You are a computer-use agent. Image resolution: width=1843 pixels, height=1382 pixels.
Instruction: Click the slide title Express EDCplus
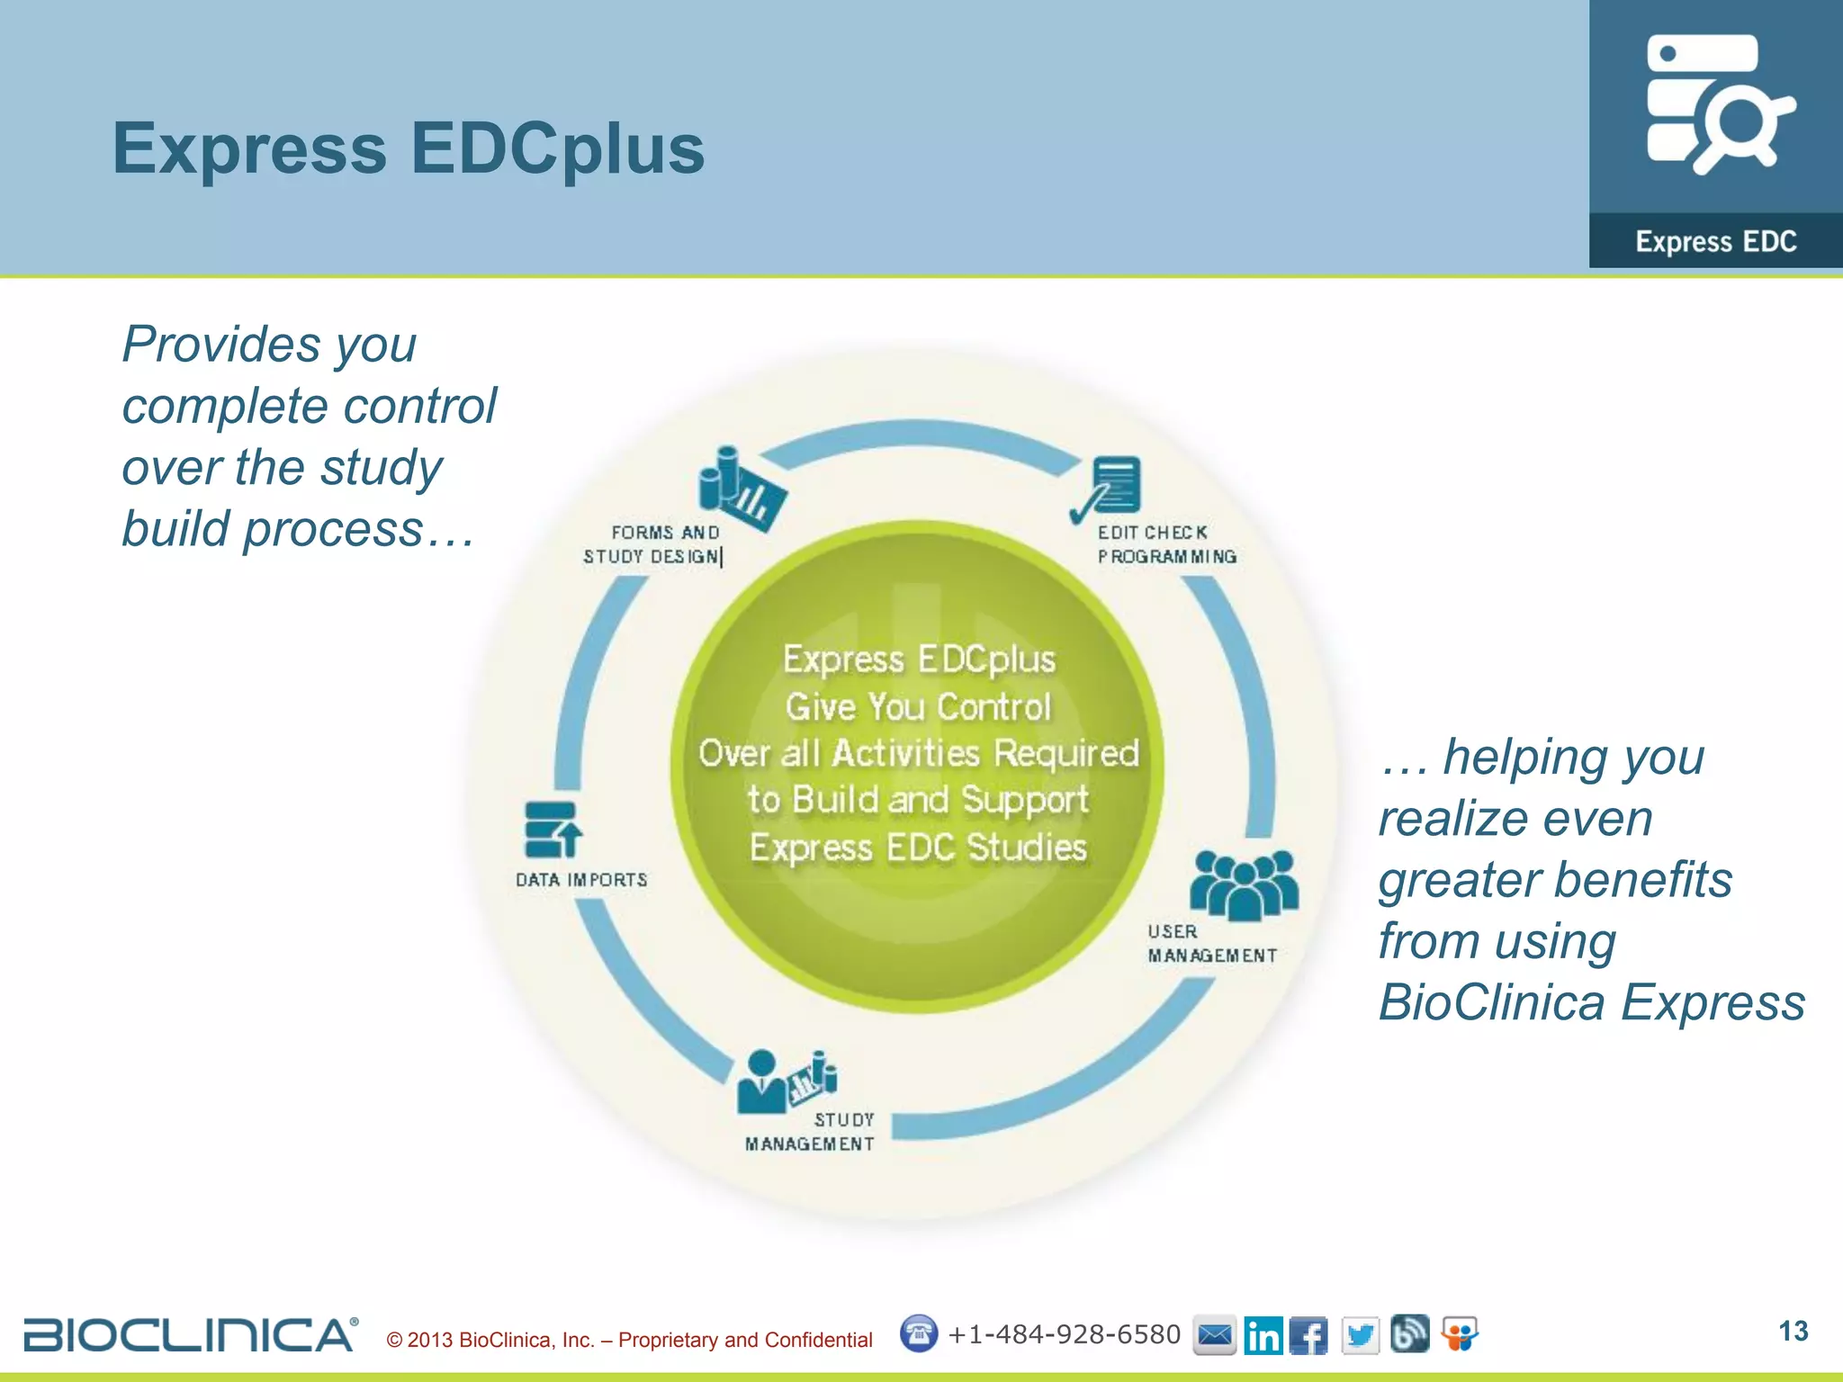(x=409, y=148)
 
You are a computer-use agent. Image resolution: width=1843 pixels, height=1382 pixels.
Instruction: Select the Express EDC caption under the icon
(x=1715, y=241)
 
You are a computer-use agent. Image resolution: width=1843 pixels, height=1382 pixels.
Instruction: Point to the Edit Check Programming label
(x=1166, y=544)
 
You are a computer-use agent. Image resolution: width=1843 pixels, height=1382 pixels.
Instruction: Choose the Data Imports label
(x=581, y=880)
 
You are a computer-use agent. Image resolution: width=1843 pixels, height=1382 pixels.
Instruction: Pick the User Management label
(x=1211, y=944)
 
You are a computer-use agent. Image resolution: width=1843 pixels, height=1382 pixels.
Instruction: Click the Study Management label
(x=810, y=1132)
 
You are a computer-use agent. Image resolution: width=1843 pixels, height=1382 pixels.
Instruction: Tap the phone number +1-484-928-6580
(x=1064, y=1334)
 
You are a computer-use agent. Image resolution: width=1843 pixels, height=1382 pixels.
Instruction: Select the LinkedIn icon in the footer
(x=1263, y=1335)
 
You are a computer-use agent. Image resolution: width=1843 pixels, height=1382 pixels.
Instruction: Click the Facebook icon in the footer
(x=1308, y=1335)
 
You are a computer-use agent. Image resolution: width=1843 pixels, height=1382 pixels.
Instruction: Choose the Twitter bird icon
(x=1360, y=1335)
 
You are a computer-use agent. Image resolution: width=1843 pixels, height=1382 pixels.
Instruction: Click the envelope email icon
(x=1214, y=1335)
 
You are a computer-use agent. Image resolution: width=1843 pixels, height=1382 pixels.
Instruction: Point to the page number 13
(x=1793, y=1332)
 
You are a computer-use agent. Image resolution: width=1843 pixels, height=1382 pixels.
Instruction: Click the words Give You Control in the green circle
(x=918, y=707)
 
